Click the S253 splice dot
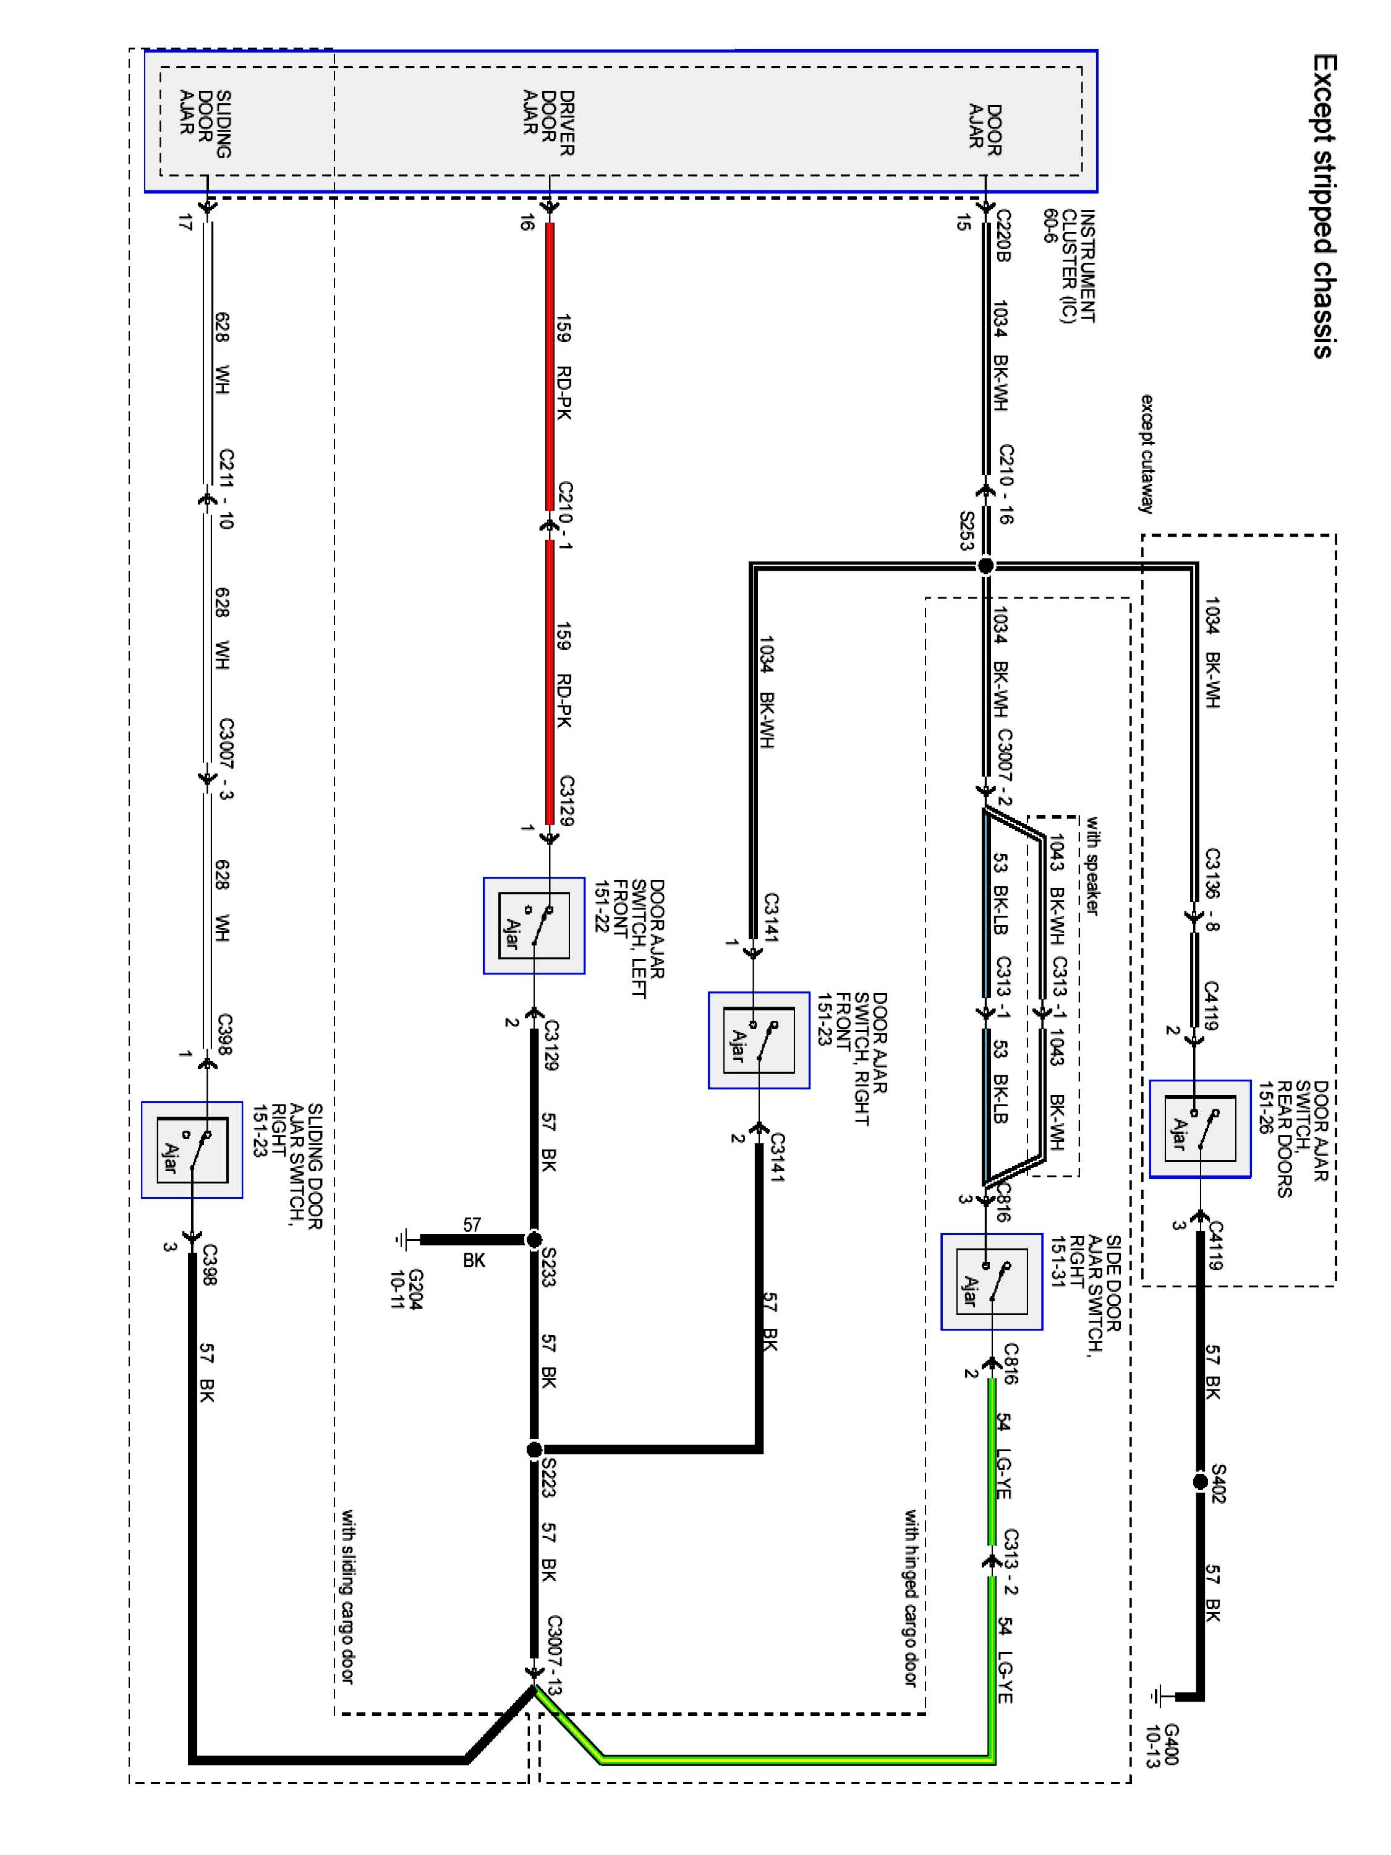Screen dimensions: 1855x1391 tap(986, 566)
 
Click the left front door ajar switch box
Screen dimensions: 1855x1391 tap(534, 925)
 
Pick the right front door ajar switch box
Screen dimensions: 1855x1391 tap(759, 1040)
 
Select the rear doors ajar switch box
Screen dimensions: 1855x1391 tap(1200, 1128)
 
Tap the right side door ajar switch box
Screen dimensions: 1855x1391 tap(992, 1281)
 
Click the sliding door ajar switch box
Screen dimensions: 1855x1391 tap(192, 1149)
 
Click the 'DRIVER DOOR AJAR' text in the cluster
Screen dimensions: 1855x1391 tap(548, 123)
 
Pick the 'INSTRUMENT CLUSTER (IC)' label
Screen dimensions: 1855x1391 tap(1069, 266)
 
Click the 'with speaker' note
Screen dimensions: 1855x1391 tap(1092, 866)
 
